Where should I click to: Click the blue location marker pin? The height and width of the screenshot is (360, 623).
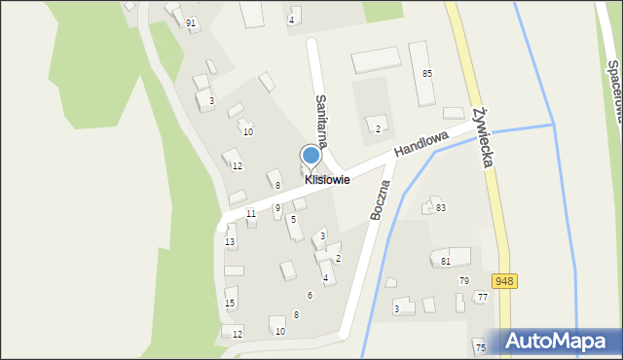(x=311, y=157)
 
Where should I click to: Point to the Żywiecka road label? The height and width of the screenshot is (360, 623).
(x=481, y=135)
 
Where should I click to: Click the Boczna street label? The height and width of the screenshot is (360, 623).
(x=380, y=199)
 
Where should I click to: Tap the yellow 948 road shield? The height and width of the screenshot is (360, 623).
(x=503, y=281)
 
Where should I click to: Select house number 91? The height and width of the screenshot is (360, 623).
(x=191, y=22)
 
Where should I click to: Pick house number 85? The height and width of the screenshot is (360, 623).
(x=426, y=74)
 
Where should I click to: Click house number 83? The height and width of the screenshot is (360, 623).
(x=441, y=208)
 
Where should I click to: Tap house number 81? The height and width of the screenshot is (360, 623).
(x=446, y=261)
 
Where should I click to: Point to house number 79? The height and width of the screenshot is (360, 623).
(x=464, y=281)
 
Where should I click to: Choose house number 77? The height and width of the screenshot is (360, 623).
(x=482, y=297)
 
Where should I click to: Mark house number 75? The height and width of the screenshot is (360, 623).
(x=480, y=347)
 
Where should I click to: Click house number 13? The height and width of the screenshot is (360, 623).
(x=230, y=241)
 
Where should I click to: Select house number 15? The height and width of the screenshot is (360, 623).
(x=230, y=304)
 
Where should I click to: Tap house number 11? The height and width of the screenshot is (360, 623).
(x=251, y=213)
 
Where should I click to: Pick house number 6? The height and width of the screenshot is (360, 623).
(x=310, y=295)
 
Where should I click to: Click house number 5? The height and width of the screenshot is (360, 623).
(x=293, y=220)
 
